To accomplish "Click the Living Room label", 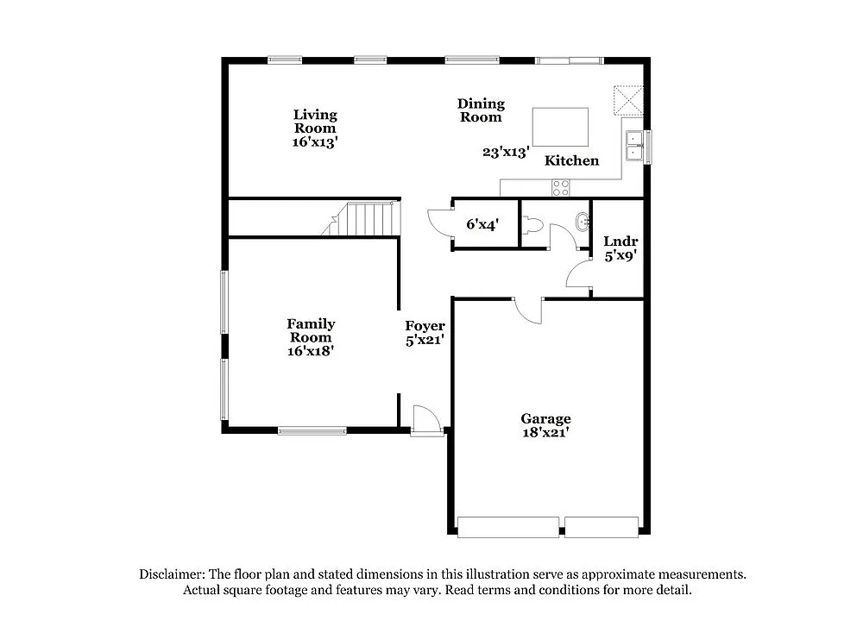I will (x=315, y=121).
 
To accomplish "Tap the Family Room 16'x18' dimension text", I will (x=312, y=351).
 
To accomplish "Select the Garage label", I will (x=545, y=420).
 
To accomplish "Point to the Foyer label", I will (x=425, y=326).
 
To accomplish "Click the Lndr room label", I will (x=620, y=242).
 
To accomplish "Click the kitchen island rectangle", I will (x=560, y=127).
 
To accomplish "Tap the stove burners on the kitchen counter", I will (x=561, y=186).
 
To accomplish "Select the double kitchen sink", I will (x=634, y=144).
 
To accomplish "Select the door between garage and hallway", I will (x=526, y=310).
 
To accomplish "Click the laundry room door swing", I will (x=577, y=276).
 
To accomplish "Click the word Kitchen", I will (x=571, y=160).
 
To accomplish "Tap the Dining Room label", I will (x=481, y=110).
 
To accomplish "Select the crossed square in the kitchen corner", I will (x=628, y=99).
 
